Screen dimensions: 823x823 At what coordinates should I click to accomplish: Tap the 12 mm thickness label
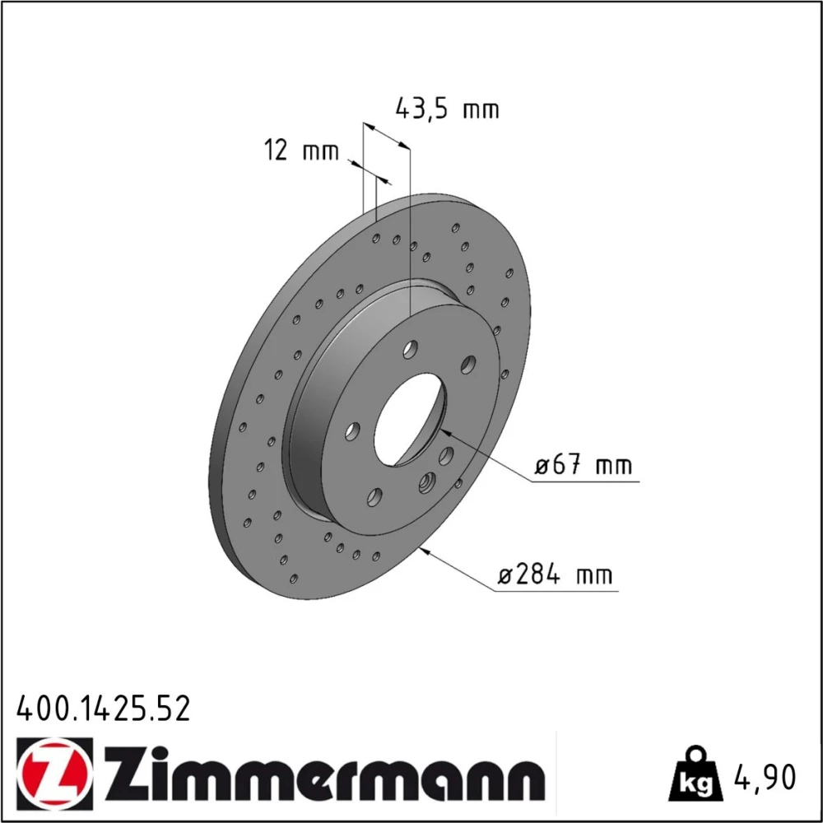[301, 151]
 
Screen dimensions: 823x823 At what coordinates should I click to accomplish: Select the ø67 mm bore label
[584, 465]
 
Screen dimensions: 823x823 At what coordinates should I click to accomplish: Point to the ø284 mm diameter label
[555, 574]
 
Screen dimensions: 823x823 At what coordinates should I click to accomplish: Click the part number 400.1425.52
[104, 709]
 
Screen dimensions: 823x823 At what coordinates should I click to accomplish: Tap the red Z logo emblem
[54, 770]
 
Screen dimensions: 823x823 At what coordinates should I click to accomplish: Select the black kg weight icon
[695, 774]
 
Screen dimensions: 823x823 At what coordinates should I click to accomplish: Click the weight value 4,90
[765, 777]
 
